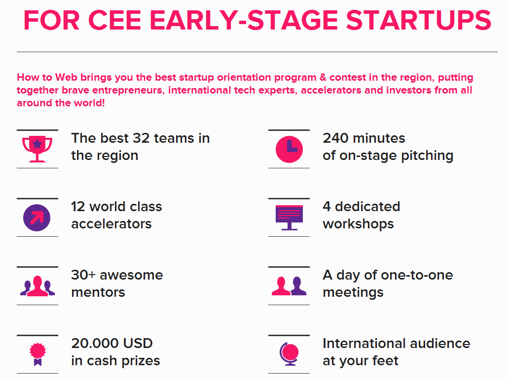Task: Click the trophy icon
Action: [37, 149]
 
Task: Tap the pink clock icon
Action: [289, 149]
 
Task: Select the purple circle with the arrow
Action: [36, 218]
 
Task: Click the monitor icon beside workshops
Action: [289, 218]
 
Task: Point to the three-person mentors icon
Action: [37, 285]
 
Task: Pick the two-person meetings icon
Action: [289, 285]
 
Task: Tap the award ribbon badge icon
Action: [37, 354]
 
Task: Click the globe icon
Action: [289, 354]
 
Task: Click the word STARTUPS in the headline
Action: [418, 20]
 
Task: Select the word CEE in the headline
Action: [114, 20]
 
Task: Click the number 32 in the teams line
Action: [141, 138]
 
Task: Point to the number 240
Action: [336, 138]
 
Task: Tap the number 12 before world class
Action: [78, 207]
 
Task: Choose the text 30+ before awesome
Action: [83, 275]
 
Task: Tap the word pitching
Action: [427, 156]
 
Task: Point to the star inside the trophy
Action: [37, 144]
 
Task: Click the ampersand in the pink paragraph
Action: [323, 77]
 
